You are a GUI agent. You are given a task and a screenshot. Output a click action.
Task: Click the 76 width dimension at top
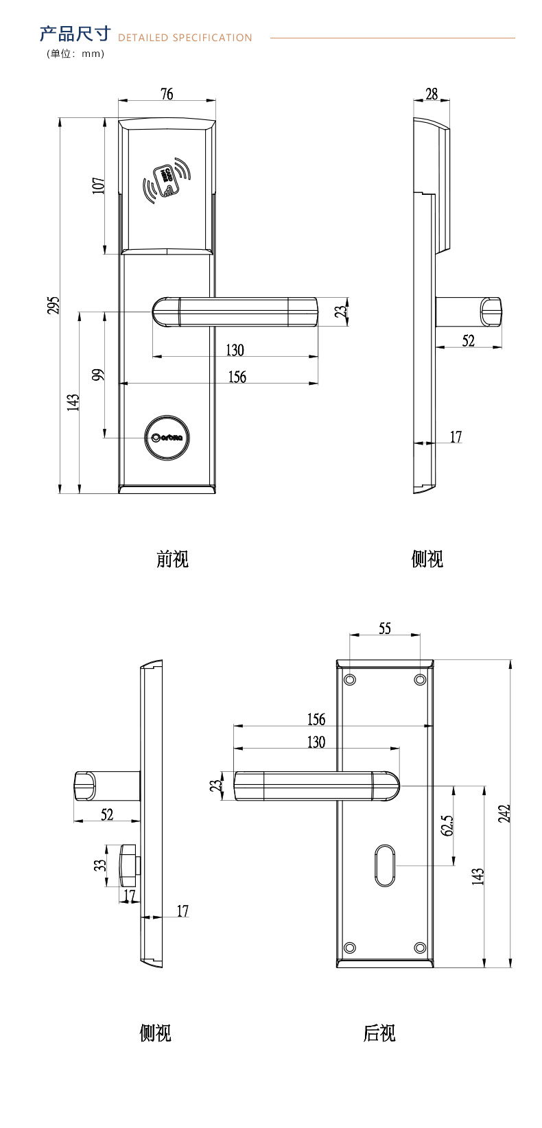tap(167, 94)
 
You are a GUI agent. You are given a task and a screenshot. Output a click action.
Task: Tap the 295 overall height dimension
tap(54, 305)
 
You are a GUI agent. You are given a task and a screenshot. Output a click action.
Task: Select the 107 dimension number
tap(99, 185)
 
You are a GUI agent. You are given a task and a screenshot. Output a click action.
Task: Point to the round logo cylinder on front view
tap(167, 437)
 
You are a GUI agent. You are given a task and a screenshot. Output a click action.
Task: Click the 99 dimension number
tap(99, 375)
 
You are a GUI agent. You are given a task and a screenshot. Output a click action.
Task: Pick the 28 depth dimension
tap(432, 94)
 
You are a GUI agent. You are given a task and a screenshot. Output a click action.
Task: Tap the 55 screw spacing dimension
tap(385, 628)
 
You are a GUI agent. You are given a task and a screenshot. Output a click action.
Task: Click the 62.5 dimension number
tap(448, 825)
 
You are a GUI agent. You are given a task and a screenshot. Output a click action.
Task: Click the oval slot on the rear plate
tap(385, 866)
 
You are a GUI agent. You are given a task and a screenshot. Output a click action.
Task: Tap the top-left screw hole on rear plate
tap(350, 679)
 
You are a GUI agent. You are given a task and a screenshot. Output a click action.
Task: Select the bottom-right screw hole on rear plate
tap(420, 948)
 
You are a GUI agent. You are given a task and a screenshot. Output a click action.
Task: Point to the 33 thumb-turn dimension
tap(101, 865)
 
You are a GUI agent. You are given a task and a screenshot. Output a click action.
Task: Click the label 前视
tap(172, 559)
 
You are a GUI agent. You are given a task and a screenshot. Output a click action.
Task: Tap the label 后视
tap(379, 1033)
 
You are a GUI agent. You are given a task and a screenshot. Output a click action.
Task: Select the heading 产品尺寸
tap(75, 34)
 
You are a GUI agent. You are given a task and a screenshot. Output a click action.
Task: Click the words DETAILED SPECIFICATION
tap(185, 38)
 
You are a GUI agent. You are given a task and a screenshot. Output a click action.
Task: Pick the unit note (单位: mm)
tap(75, 54)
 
